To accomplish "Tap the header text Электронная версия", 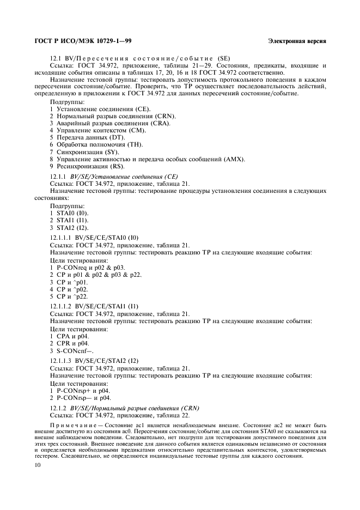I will pos(297,41).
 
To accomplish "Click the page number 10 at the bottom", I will pos(38,465).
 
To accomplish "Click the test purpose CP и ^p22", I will pos(71,296).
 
